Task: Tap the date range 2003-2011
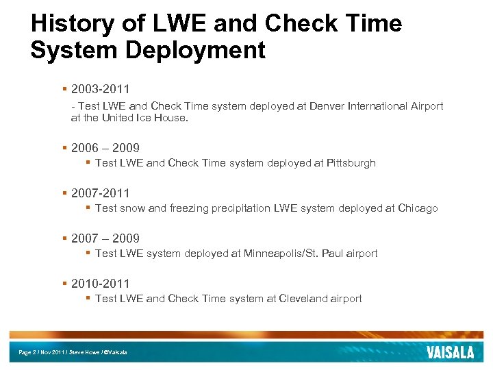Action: pos(100,89)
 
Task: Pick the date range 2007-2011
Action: pos(100,193)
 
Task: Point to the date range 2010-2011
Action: pos(100,284)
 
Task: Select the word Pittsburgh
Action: pos(351,163)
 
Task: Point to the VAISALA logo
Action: pos(450,352)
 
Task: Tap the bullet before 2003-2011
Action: pos(64,89)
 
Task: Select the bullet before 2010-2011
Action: pos(64,284)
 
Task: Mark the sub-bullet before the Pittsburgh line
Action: pos(88,163)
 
